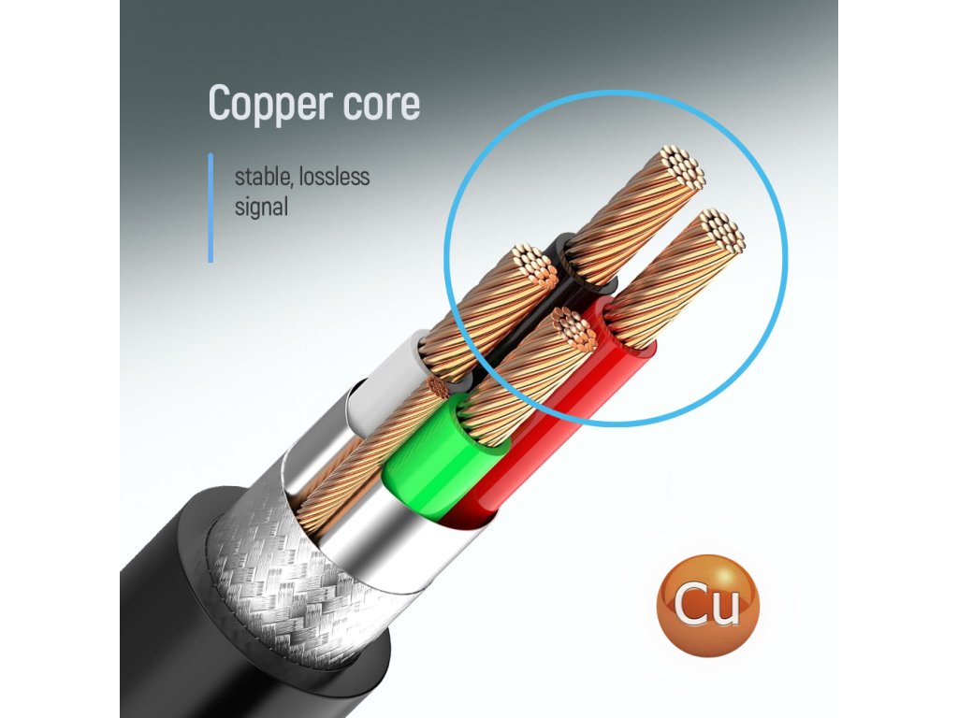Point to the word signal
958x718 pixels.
261,206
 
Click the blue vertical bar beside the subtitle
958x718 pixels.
210,208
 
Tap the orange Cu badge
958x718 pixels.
707,605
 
